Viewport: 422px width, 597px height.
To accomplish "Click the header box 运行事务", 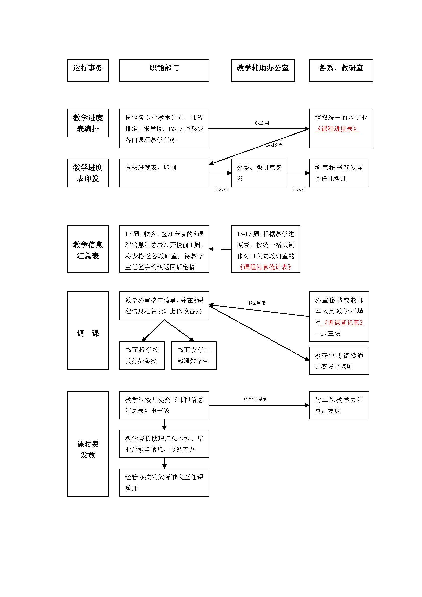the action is tap(88, 70).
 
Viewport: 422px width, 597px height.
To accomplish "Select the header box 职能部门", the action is tap(164, 70).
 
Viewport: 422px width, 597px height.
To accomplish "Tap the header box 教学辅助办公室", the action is tap(263, 70).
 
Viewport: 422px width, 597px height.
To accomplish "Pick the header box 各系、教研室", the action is tap(341, 70).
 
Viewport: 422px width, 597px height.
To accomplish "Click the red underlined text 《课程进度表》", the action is tap(337, 129).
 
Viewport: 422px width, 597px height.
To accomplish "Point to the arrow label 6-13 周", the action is tap(262, 123).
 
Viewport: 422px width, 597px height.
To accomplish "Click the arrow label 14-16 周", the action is tap(274, 145).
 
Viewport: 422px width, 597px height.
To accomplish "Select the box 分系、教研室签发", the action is tap(259, 173).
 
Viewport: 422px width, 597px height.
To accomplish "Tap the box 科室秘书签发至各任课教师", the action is tap(339, 173).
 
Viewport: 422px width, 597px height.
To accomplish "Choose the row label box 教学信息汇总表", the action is tap(88, 249).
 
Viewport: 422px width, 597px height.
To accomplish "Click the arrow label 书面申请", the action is tap(257, 303).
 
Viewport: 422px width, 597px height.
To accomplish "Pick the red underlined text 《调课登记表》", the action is tap(342, 322).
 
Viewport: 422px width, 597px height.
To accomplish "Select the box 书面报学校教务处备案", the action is tap(142, 355).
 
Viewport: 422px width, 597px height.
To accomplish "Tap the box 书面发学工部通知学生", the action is tap(194, 355).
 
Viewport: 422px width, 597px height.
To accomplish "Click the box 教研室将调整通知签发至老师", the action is tap(339, 361).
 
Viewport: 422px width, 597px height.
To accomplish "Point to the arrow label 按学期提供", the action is tap(255, 399).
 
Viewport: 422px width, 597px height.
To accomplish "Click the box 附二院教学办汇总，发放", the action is tap(339, 405).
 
